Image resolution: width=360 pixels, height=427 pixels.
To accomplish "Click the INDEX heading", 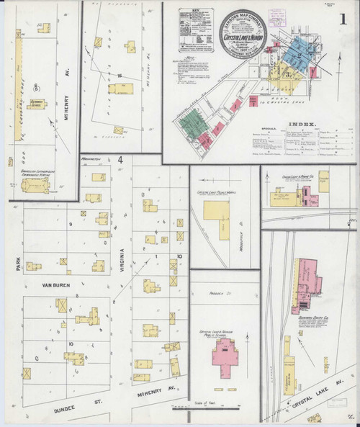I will coord(302,124).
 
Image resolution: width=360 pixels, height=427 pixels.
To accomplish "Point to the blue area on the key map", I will coord(296,54).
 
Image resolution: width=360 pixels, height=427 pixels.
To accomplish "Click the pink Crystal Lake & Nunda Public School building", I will coord(225,354).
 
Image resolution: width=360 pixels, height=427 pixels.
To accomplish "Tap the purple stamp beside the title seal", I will coord(276,15).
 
